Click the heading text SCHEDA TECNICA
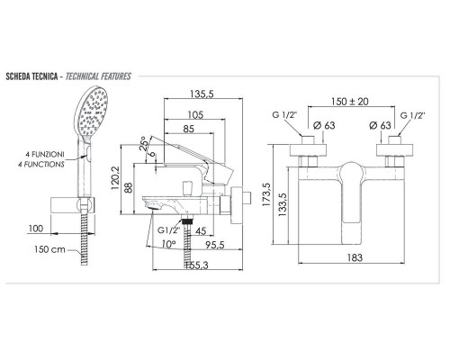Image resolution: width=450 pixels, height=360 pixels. pos(31,76)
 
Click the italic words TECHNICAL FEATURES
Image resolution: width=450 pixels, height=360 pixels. pos(98,76)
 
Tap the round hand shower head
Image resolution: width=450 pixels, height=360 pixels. pos(92,113)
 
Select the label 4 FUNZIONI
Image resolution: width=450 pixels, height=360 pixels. pos(45,155)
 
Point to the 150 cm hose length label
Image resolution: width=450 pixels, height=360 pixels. pos(49,249)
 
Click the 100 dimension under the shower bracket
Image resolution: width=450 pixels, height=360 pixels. pos(36,229)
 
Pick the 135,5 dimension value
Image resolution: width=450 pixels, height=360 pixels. pos(202,94)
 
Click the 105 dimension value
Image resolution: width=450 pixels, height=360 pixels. pos(195,115)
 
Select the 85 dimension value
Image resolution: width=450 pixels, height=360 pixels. pos(188,129)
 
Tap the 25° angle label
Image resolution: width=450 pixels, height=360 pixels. pos(145,144)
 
